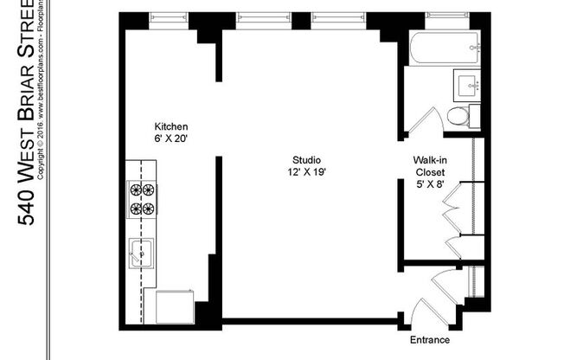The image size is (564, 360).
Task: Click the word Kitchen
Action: [171, 125]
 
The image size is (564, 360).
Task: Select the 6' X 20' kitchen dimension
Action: [171, 138]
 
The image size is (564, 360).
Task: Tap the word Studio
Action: [307, 160]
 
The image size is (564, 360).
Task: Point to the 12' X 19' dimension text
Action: [307, 172]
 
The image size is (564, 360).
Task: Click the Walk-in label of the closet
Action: [430, 160]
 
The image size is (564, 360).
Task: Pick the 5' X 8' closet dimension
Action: [430, 184]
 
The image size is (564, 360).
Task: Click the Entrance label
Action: [429, 340]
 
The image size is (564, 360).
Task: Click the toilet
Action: [459, 117]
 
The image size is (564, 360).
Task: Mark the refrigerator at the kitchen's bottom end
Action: [175, 308]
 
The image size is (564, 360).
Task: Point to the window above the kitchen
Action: [168, 16]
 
